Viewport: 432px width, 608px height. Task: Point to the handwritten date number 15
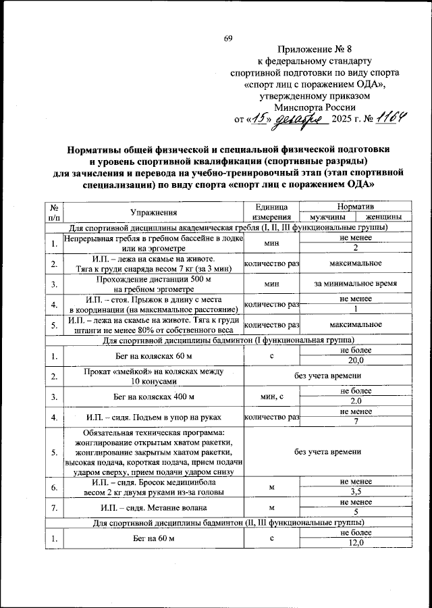(x=259, y=118)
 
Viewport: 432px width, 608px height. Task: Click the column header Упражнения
(x=155, y=211)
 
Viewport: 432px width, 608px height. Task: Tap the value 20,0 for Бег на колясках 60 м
(x=356, y=361)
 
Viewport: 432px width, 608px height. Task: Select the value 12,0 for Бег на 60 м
(x=356, y=543)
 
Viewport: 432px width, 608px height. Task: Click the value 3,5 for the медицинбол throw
(x=356, y=493)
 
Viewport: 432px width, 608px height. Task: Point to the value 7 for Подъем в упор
(x=356, y=422)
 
